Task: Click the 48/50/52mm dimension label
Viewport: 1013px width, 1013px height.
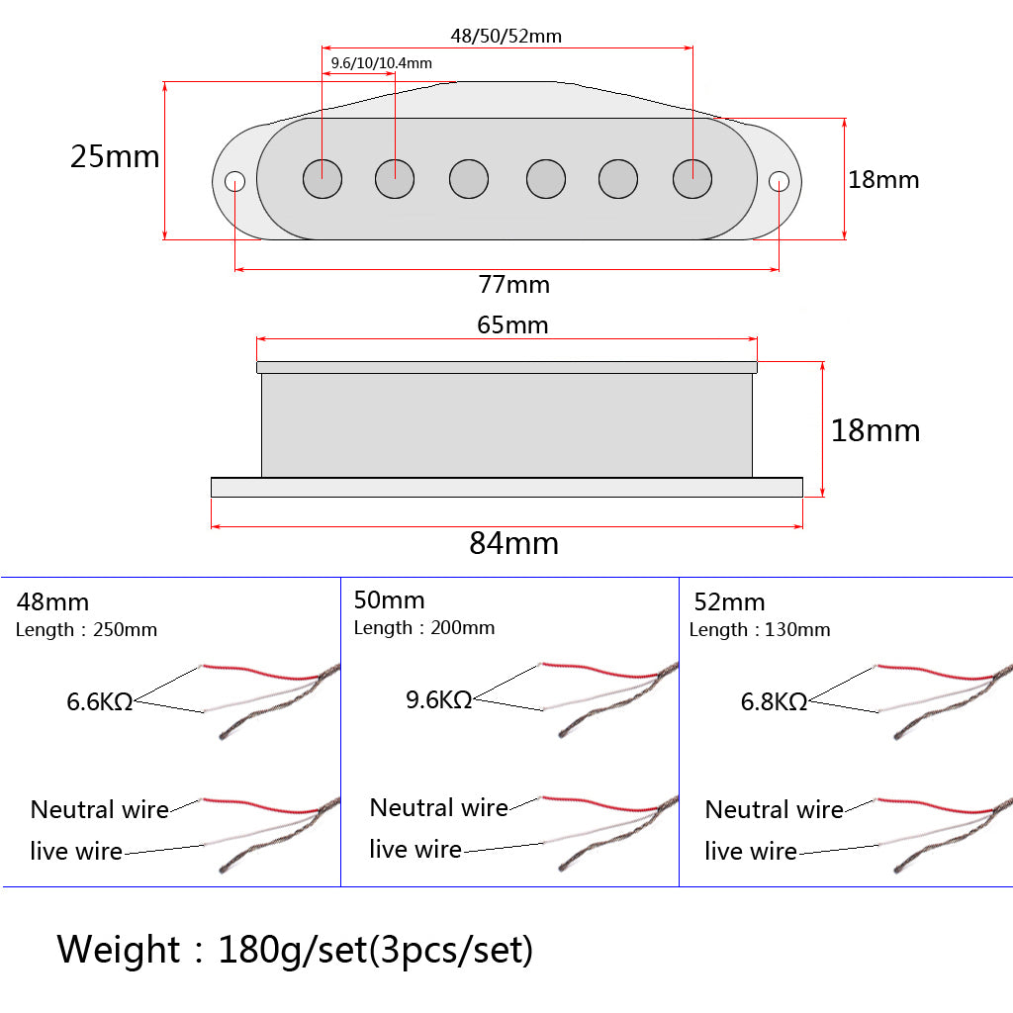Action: (506, 37)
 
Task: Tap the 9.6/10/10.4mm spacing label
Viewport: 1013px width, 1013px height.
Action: (381, 63)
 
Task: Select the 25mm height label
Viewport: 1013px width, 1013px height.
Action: (115, 156)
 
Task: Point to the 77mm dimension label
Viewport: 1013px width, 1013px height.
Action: (513, 285)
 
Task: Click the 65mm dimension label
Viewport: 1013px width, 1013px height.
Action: (512, 324)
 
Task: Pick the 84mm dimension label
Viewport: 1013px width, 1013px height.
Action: (513, 543)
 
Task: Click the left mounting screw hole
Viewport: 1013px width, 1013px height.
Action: (235, 181)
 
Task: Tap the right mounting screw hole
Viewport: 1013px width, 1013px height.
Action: (780, 181)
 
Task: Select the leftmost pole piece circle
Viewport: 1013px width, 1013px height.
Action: (322, 179)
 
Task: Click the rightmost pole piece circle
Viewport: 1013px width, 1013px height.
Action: (692, 179)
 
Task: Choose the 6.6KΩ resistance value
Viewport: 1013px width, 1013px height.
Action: (99, 702)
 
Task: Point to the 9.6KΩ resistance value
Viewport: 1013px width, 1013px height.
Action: (438, 700)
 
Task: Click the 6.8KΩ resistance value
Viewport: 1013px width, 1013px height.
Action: (774, 702)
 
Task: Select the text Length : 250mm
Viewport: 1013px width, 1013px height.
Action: (86, 630)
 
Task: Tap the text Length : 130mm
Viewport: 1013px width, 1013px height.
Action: (760, 630)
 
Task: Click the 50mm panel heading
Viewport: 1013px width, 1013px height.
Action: (389, 600)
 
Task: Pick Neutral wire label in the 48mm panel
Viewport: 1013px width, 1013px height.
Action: (99, 810)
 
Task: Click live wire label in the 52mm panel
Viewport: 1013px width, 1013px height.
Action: (750, 851)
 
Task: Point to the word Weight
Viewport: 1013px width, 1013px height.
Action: (119, 950)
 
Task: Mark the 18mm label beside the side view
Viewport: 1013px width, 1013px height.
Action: (875, 430)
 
